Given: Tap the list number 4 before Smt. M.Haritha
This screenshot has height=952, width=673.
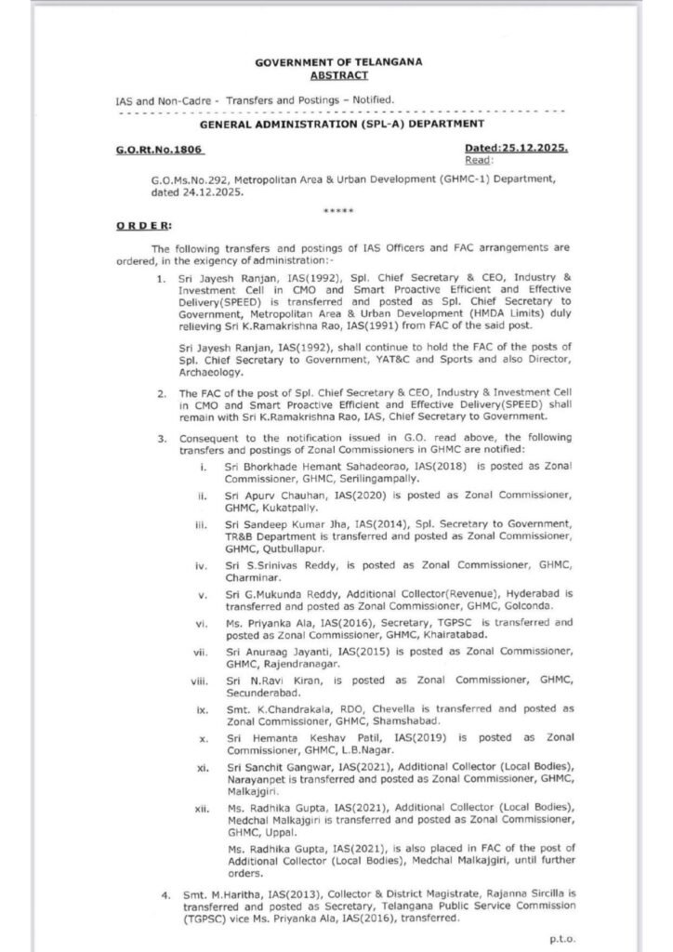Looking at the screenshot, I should tap(164, 896).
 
